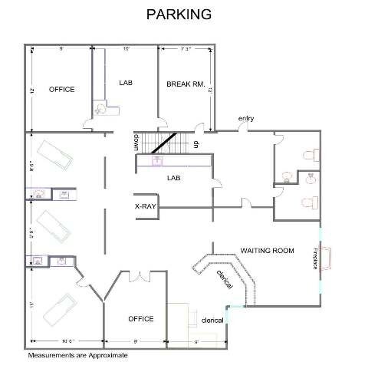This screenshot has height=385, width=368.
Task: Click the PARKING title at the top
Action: pyautogui.click(x=180, y=15)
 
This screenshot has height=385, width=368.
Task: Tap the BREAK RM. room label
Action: pyautogui.click(x=185, y=84)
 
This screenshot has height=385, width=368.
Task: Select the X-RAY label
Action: pyautogui.click(x=146, y=206)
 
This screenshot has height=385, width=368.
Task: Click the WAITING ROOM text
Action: pyautogui.click(x=267, y=251)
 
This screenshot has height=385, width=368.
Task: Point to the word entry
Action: pyautogui.click(x=245, y=118)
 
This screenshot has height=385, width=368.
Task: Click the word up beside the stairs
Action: pyautogui.click(x=196, y=143)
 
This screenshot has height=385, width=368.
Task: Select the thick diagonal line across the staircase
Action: pyautogui.click(x=163, y=143)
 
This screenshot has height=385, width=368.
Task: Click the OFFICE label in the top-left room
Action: pyautogui.click(x=61, y=90)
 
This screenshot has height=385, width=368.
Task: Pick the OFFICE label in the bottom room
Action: pyautogui.click(x=141, y=318)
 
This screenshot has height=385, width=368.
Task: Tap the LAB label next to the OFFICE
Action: pyautogui.click(x=127, y=82)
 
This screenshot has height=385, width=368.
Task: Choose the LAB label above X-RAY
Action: pyautogui.click(x=173, y=177)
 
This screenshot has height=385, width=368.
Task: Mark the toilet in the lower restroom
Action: pyautogui.click(x=309, y=203)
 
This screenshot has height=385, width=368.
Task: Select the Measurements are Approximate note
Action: pyautogui.click(x=77, y=356)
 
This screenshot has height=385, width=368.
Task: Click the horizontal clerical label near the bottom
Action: pyautogui.click(x=212, y=320)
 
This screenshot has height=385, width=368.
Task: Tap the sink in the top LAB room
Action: pyautogui.click(x=98, y=110)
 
